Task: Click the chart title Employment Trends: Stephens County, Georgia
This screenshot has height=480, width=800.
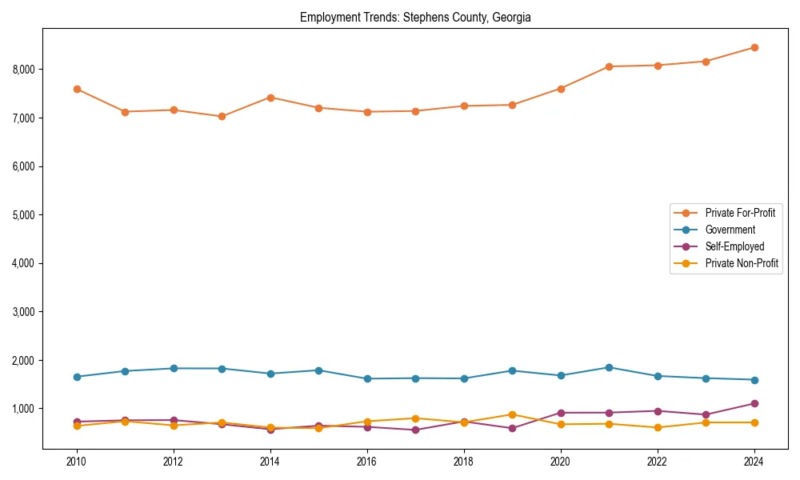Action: [415, 17]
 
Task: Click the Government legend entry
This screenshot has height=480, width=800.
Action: [730, 230]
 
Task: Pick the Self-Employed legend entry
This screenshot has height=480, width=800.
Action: [734, 246]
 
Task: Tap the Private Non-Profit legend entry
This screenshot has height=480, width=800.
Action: [742, 263]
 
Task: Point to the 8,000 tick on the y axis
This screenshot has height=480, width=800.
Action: [24, 70]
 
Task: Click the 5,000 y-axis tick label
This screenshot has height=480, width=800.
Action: [24, 215]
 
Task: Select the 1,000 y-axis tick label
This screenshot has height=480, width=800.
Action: [24, 409]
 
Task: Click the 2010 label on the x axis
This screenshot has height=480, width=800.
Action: [77, 462]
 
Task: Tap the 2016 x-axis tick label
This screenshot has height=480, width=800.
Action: [367, 462]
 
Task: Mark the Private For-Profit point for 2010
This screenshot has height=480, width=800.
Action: [77, 89]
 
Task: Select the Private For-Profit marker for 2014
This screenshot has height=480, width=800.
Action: [270, 98]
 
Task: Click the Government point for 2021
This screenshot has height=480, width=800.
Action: [609, 367]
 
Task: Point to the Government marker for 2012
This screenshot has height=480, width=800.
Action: [174, 368]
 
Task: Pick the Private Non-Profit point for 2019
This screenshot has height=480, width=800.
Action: [512, 414]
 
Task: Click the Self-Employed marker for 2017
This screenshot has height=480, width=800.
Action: [415, 430]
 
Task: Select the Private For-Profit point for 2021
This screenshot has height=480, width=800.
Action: [609, 66]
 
